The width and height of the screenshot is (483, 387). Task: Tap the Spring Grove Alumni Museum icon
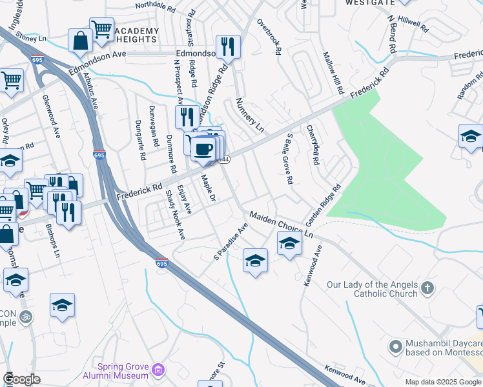pyautogui.click(x=159, y=371)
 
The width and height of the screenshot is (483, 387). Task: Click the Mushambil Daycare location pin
pyautogui.click(x=395, y=348)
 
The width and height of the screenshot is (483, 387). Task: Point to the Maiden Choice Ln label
pyautogui.click(x=281, y=226)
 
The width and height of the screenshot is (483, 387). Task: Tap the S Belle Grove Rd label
pyautogui.click(x=288, y=159)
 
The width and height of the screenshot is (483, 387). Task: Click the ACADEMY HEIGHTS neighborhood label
pyautogui.click(x=136, y=35)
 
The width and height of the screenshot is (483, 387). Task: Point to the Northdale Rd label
pyautogui.click(x=156, y=6)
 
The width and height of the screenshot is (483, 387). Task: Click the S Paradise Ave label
pyautogui.click(x=231, y=243)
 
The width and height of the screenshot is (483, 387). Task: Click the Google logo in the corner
pyautogui.click(x=21, y=379)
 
